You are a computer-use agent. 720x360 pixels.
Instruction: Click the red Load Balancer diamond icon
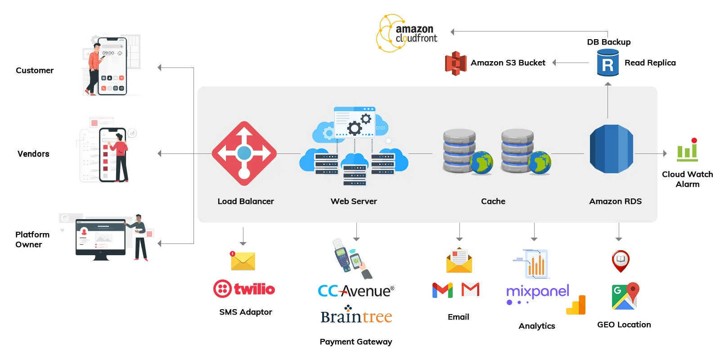244,153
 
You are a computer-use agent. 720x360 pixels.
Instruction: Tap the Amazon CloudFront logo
406,33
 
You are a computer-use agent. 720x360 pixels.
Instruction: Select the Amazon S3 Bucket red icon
455,63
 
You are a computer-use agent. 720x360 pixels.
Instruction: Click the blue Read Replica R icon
607,63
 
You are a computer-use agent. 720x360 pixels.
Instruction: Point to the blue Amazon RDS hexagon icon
611,149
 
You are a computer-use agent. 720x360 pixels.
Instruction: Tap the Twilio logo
244,289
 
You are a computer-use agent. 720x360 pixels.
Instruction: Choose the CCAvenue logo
355,291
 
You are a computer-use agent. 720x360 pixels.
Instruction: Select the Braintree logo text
356,316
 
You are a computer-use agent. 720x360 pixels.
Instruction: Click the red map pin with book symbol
621,261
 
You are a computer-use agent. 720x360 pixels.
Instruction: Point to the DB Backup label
608,42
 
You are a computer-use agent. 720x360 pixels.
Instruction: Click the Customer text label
35,70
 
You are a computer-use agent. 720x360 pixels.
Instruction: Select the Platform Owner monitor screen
100,237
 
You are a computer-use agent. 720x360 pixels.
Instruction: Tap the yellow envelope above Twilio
243,261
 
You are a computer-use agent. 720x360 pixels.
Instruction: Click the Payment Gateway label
355,342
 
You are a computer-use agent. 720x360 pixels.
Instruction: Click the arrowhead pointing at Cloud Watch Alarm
665,153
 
